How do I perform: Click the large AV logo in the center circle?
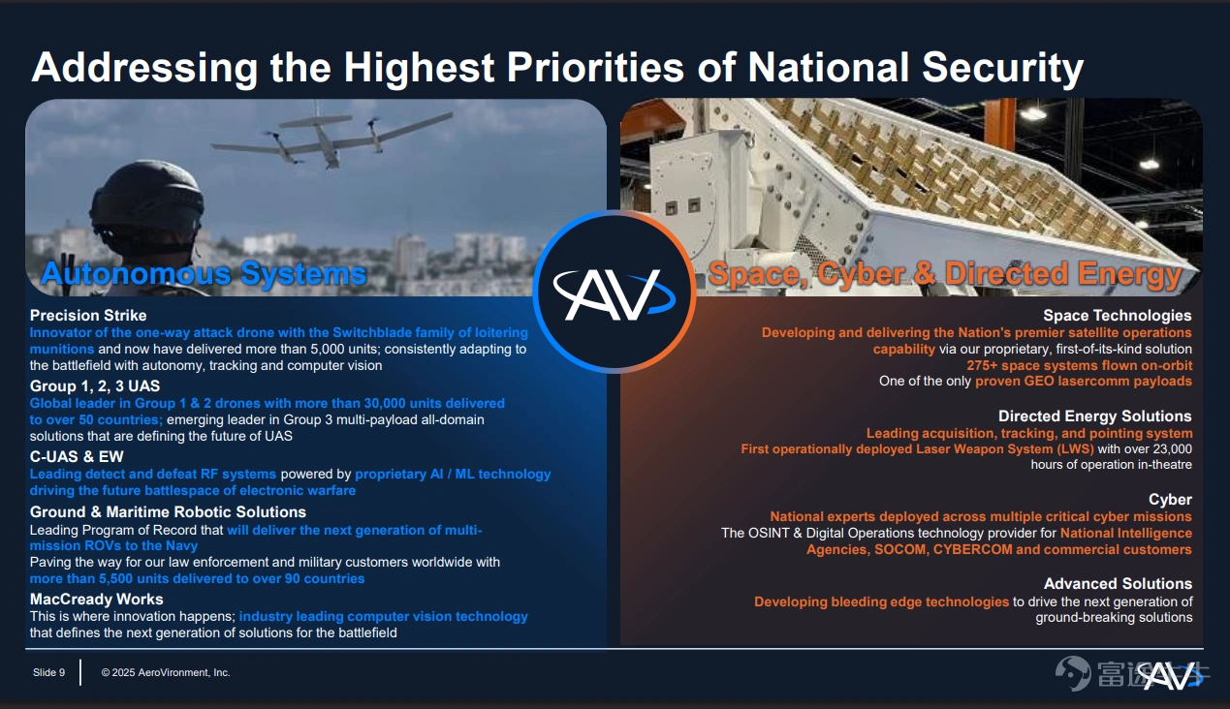pyautogui.click(x=614, y=294)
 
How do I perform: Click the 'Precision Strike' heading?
pyautogui.click(x=88, y=316)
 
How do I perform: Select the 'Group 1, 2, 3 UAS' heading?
pyautogui.click(x=94, y=386)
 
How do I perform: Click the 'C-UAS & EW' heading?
pyautogui.click(x=77, y=456)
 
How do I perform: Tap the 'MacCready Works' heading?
pyautogui.click(x=96, y=600)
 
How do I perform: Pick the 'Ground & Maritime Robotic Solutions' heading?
pyautogui.click(x=168, y=512)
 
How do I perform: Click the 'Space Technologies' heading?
pyautogui.click(x=1117, y=316)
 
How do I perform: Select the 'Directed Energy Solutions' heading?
pyautogui.click(x=1094, y=416)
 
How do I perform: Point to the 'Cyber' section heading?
pyautogui.click(x=1170, y=500)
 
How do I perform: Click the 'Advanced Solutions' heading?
pyautogui.click(x=1118, y=583)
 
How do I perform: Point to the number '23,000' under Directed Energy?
pyautogui.click(x=1172, y=448)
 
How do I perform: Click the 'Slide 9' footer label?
pyautogui.click(x=48, y=673)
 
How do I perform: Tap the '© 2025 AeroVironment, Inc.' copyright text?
pyautogui.click(x=166, y=673)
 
